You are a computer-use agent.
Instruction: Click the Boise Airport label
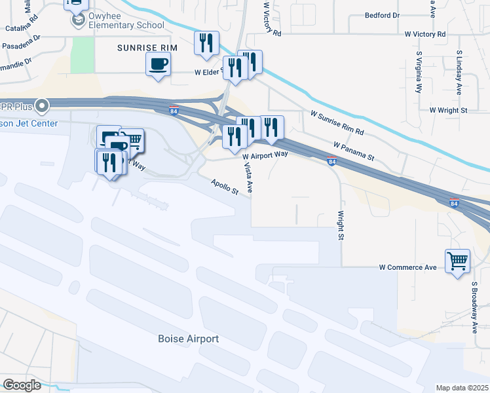(188, 339)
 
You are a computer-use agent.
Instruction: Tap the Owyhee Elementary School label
(118, 26)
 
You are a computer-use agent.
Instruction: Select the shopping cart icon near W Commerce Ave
(457, 261)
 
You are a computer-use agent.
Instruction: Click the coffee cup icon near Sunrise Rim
(157, 64)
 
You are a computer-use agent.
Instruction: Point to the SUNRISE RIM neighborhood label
(149, 48)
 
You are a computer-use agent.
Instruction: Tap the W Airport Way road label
(265, 155)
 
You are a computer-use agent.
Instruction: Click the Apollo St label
(224, 187)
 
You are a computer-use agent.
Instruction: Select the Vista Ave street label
(248, 178)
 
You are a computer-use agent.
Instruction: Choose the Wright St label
(341, 224)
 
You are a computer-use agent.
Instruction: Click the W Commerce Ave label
(407, 267)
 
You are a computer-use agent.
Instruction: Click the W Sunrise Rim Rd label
(337, 123)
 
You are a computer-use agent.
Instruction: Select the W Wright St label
(448, 111)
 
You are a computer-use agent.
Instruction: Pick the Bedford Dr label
(382, 15)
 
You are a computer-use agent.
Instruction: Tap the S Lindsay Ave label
(459, 72)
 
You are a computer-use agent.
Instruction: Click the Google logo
(22, 385)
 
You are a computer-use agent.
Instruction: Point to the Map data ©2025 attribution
(462, 388)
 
